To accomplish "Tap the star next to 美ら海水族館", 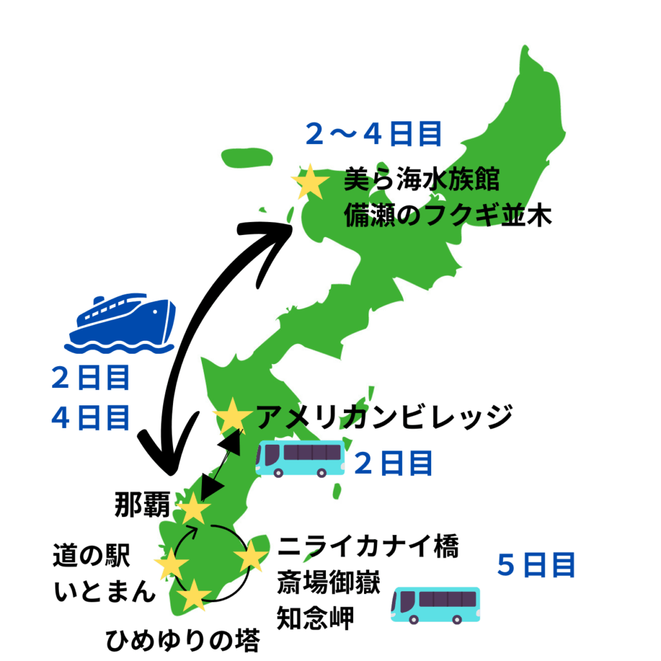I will [309, 183].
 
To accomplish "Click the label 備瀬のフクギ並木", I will [448, 215].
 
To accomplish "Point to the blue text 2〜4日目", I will [374, 134].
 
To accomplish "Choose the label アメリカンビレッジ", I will [384, 417].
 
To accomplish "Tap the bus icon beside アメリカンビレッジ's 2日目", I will [300, 459].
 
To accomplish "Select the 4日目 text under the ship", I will [91, 418].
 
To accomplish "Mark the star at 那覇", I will [193, 509].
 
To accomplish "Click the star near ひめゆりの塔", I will [193, 595].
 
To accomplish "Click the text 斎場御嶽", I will [328, 584].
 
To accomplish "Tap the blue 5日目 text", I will [536, 566].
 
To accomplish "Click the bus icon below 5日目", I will [436, 605].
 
